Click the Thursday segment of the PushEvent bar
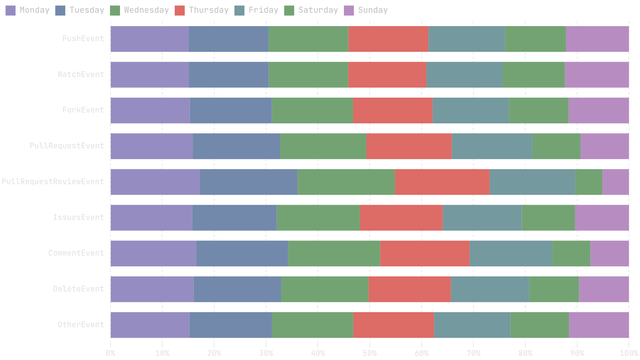tap(388, 39)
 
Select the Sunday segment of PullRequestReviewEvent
tap(615, 182)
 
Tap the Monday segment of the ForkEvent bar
tap(150, 110)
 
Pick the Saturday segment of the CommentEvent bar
tap(571, 253)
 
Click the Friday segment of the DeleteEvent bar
tap(490, 289)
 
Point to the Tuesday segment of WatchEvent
tap(229, 75)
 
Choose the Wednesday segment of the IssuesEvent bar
tap(318, 218)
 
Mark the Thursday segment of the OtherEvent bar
tap(393, 325)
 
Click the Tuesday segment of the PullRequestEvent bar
tap(236, 146)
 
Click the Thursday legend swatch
tap(180, 11)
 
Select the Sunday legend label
tap(373, 10)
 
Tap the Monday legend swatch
tap(11, 11)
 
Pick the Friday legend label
tap(263, 10)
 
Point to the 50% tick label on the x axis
tap(370, 353)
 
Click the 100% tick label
tap(629, 353)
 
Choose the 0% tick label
tap(111, 353)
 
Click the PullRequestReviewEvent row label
tap(53, 182)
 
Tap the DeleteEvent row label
tap(79, 289)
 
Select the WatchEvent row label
tap(81, 74)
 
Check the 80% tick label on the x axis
tap(525, 353)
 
